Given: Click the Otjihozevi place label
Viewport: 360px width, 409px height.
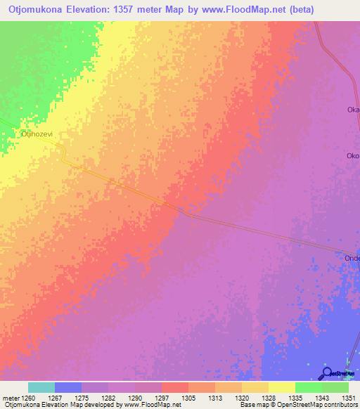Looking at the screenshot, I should [33, 132].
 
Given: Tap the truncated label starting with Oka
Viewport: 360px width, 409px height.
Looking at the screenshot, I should [353, 110].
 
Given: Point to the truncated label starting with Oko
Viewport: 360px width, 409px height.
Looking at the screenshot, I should [353, 156].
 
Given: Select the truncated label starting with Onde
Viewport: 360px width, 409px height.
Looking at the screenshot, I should [352, 258].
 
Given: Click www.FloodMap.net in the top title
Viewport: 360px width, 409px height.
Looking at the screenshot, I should [240, 9].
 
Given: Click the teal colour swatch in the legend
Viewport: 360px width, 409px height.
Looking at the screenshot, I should [41, 387].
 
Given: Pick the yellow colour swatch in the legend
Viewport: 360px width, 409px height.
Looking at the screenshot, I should [281, 387].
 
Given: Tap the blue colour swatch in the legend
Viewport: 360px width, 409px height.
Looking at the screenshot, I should [68, 387].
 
